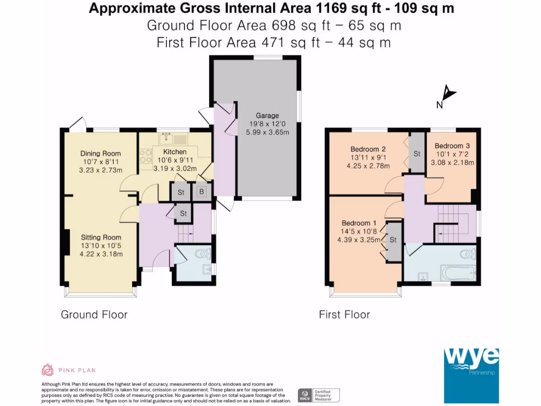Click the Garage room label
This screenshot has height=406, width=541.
[267, 116]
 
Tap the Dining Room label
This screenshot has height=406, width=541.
[100, 153]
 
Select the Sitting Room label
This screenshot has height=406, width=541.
[101, 237]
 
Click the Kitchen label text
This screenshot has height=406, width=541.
[175, 152]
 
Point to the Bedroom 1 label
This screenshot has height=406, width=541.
[359, 223]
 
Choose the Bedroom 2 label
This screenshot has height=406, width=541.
[368, 149]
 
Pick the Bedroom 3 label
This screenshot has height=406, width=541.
[452, 146]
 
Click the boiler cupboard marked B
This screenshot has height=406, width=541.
[201, 191]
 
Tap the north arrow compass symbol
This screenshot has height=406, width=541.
[449, 93]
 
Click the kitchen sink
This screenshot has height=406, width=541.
[173, 139]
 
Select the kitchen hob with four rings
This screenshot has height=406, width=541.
[146, 156]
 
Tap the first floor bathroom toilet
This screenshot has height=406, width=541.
[468, 254]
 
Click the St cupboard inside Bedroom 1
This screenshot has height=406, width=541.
[394, 241]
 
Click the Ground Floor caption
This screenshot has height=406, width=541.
[94, 315]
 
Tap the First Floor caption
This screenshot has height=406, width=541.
[344, 315]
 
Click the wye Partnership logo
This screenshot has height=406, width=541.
[471, 376]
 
